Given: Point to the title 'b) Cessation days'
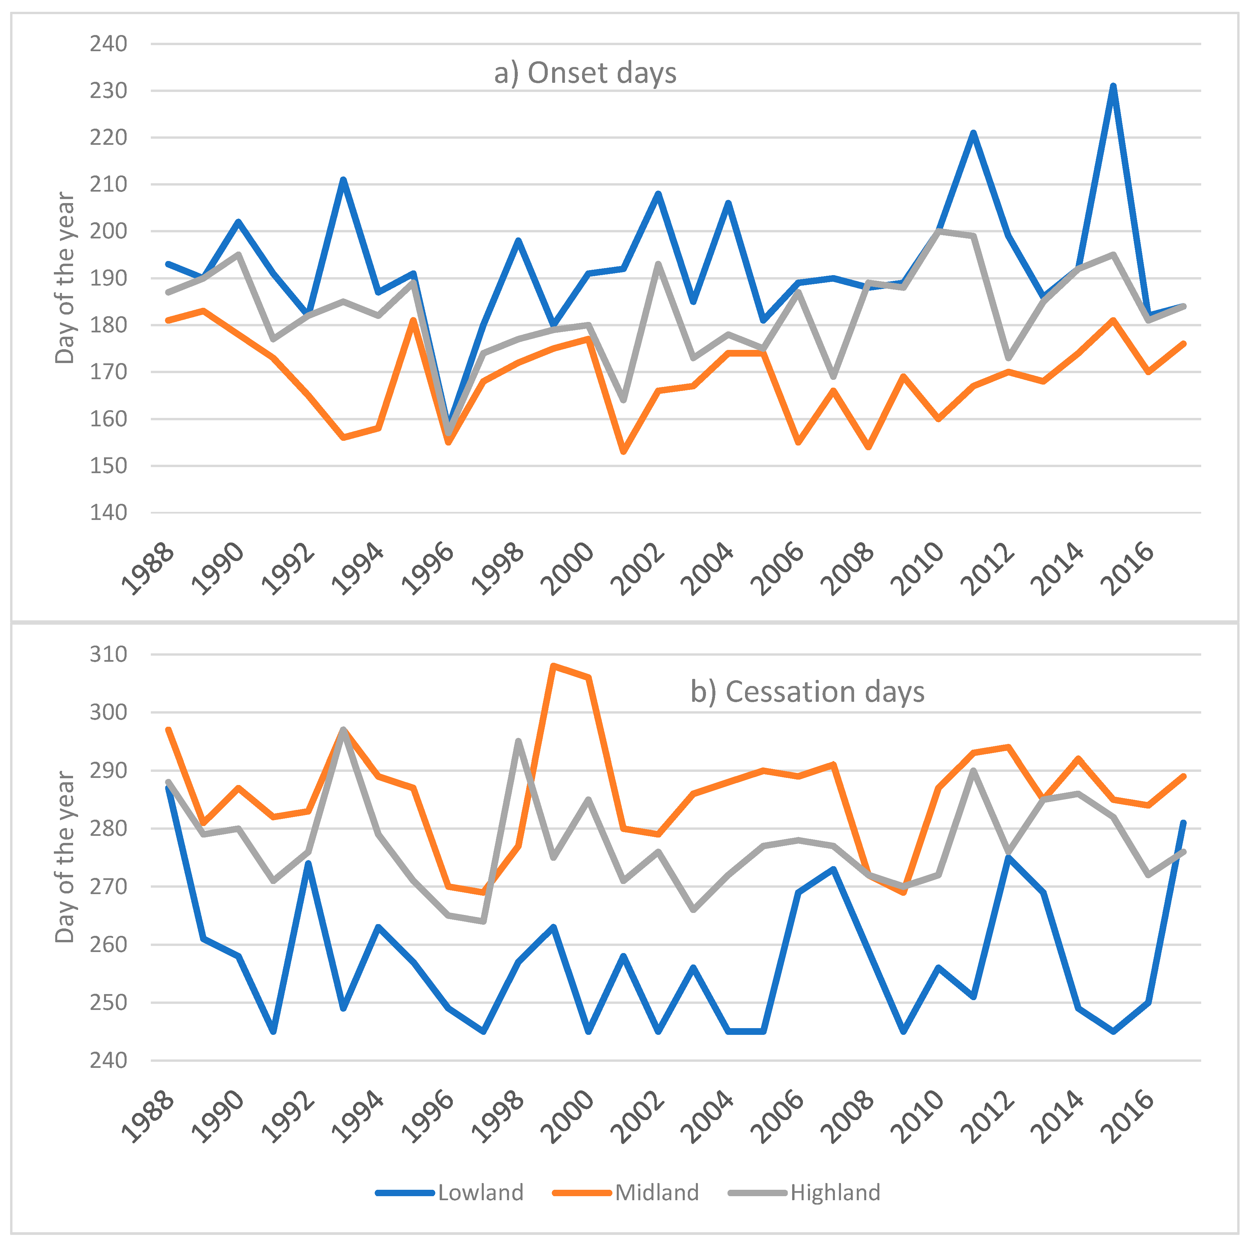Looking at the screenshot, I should pyautogui.click(x=807, y=692).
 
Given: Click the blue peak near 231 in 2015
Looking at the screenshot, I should pyautogui.click(x=1113, y=86).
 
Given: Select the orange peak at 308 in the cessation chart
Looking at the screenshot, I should pyautogui.click(x=553, y=665).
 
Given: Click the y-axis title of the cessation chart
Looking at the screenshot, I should pyautogui.click(x=65, y=857).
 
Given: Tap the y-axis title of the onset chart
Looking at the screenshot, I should pyautogui.click(x=65, y=278).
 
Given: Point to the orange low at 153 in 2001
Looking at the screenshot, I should pyautogui.click(x=623, y=452).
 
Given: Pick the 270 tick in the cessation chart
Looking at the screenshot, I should pyautogui.click(x=108, y=886).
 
